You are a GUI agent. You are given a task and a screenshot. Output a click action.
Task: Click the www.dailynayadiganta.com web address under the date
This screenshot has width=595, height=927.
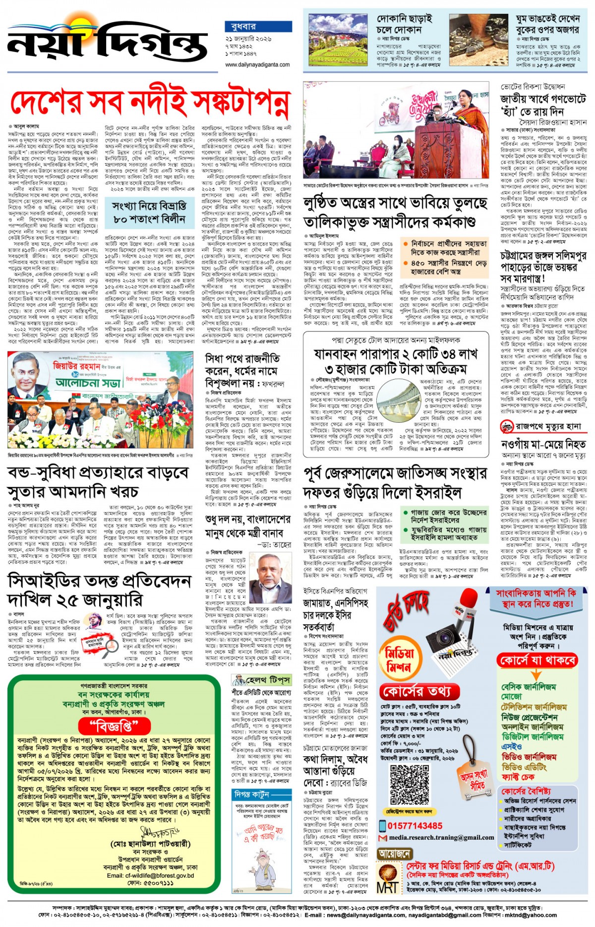click(x=257, y=65)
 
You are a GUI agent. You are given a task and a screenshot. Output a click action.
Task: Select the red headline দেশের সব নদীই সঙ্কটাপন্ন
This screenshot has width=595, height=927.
click(x=149, y=103)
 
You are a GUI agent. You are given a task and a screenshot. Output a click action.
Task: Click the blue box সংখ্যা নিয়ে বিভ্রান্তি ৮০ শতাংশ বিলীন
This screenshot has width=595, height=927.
click(x=149, y=212)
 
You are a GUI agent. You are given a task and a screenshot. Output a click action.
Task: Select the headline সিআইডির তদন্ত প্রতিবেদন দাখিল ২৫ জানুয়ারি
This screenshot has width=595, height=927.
click(x=99, y=591)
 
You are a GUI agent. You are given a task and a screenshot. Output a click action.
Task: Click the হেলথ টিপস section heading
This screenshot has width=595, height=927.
click(x=268, y=679)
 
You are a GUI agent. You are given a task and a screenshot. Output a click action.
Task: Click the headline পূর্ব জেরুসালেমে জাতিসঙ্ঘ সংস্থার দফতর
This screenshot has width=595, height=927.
click(x=394, y=482)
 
